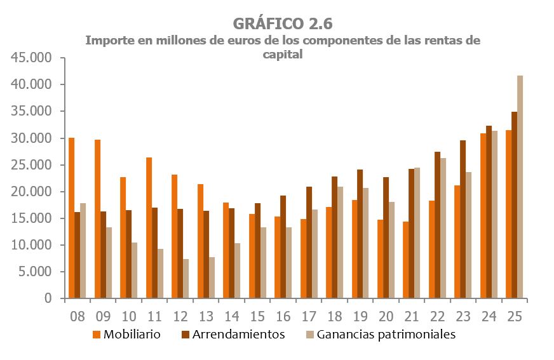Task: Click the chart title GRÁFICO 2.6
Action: point(283,23)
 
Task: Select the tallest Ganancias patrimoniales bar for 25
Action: point(520,187)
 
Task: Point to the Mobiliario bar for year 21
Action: point(405,260)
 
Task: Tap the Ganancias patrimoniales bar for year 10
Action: point(134,270)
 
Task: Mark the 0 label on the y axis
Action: point(48,298)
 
